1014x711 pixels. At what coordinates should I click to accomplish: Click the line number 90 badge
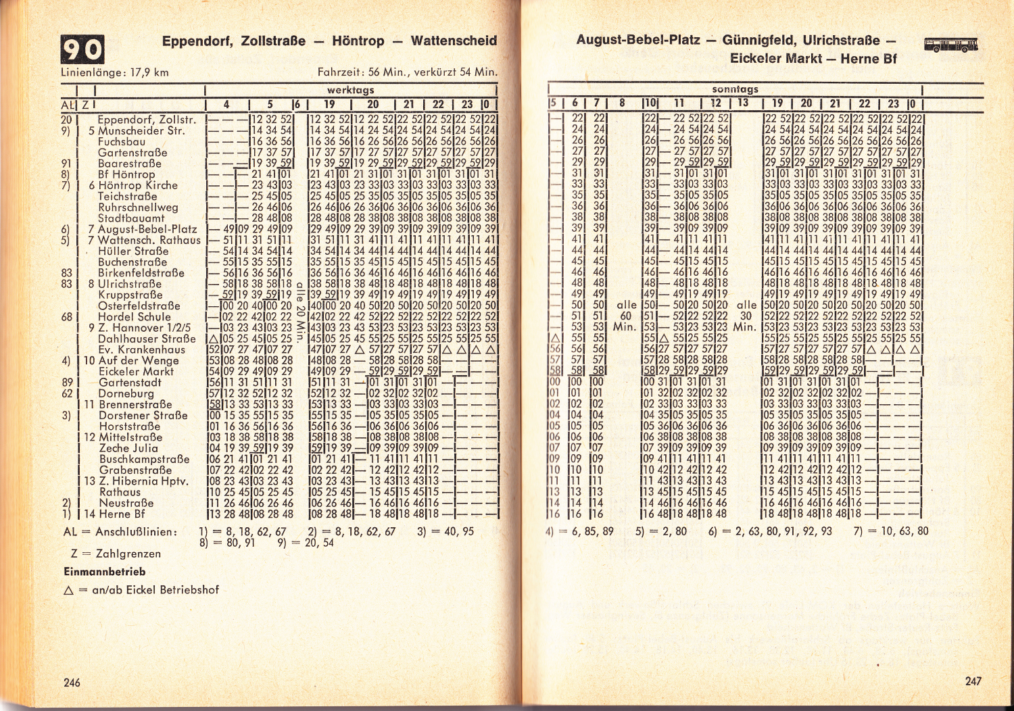coord(83,49)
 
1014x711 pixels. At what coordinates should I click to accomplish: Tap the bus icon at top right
coord(951,45)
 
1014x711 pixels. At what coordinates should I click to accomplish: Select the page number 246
coord(72,682)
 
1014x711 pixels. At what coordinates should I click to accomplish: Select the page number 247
coord(973,681)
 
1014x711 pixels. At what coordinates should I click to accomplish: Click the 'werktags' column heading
coord(350,90)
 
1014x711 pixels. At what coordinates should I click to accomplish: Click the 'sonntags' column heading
coord(735,89)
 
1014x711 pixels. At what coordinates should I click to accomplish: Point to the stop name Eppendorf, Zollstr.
coord(147,120)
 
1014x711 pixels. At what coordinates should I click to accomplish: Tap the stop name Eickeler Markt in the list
coord(136,371)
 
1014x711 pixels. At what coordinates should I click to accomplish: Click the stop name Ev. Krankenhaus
coord(141,349)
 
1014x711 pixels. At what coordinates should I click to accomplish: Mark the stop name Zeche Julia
coord(128,448)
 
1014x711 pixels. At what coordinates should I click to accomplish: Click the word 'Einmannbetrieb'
coord(104,571)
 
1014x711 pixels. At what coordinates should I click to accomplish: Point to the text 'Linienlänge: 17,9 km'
coord(115,72)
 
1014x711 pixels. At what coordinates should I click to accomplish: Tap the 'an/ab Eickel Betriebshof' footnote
coord(155,589)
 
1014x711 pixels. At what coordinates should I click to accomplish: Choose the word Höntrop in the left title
coord(358,41)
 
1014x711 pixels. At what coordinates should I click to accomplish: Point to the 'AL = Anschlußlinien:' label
coord(120,532)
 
